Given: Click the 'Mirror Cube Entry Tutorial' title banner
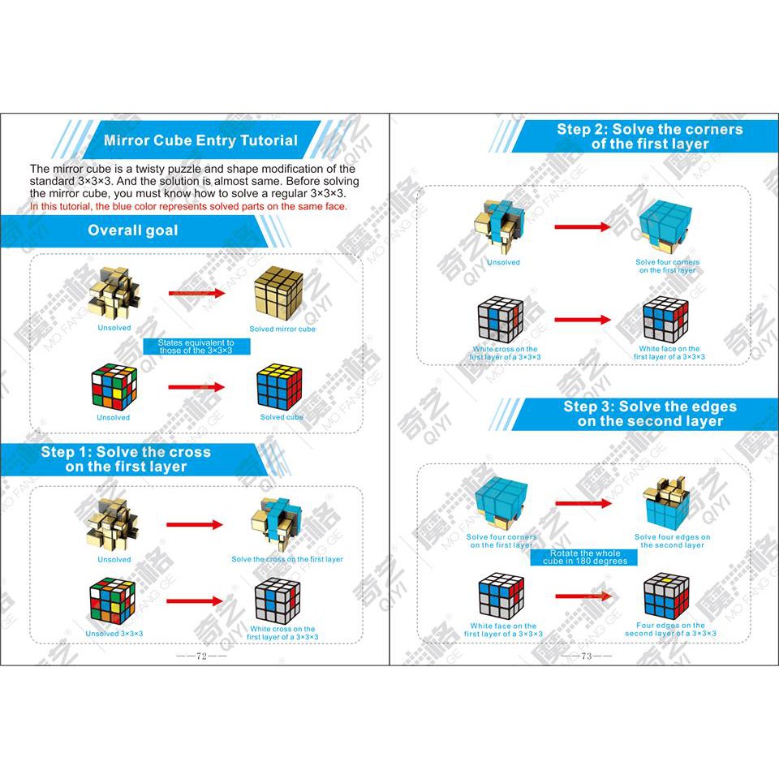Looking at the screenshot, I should [200, 140].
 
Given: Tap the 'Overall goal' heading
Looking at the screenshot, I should [133, 230].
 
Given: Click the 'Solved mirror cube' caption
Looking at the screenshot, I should [282, 329].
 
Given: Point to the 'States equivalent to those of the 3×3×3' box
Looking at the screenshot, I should [196, 346].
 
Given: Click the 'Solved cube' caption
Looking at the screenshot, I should [282, 417].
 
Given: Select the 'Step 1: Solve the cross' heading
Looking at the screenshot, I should [126, 459].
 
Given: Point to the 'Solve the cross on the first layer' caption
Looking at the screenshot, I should [286, 559].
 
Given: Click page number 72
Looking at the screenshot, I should [201, 656].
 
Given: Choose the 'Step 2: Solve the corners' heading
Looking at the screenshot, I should [649, 136].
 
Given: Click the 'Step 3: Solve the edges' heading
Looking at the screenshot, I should [649, 414].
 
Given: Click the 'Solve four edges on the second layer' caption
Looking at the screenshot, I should [672, 540].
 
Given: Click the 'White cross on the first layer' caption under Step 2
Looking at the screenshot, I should [505, 353].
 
